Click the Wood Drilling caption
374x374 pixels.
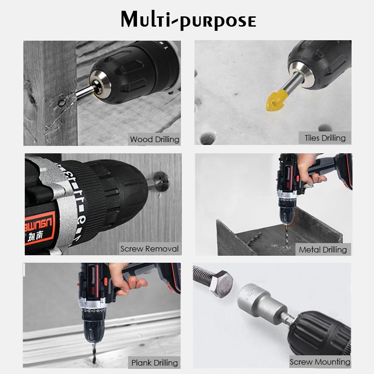pyautogui.click(x=154, y=139)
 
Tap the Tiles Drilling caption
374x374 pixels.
pyautogui.click(x=325, y=137)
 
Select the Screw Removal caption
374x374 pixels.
pyautogui.click(x=149, y=249)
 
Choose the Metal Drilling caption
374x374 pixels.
pyautogui.click(x=323, y=250)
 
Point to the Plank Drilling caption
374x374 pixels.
pyautogui.click(x=154, y=362)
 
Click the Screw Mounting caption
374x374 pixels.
pyautogui.click(x=320, y=362)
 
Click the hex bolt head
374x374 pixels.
pyautogui.click(x=220, y=285)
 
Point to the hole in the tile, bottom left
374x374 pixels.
pyautogui.click(x=208, y=137)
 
